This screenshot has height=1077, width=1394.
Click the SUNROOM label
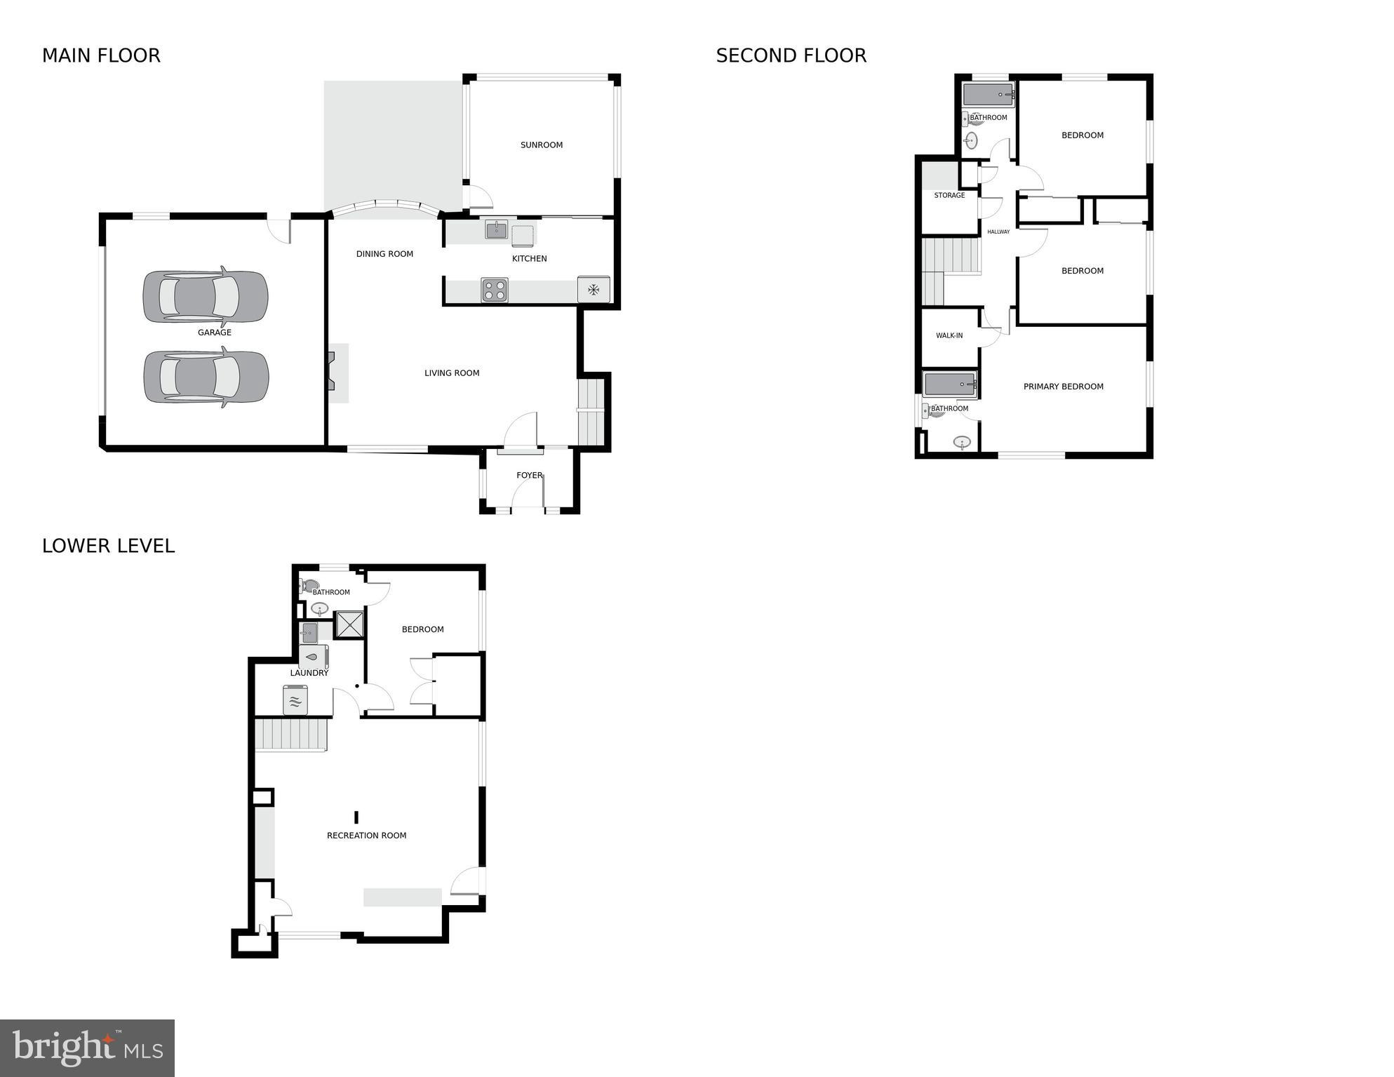pyautogui.click(x=541, y=145)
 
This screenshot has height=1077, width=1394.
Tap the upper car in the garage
pyautogui.click(x=206, y=296)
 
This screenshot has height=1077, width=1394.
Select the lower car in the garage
pyautogui.click(x=206, y=377)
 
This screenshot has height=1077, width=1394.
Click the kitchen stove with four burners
pyautogui.click(x=494, y=290)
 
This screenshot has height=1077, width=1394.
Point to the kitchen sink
pyautogui.click(x=497, y=229)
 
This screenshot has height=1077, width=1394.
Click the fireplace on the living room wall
pyautogui.click(x=333, y=373)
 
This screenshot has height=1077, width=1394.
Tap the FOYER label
pyautogui.click(x=529, y=476)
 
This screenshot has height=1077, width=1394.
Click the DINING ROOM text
pyautogui.click(x=384, y=254)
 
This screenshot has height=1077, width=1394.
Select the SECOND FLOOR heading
pyautogui.click(x=791, y=56)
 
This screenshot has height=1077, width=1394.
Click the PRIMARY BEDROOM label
pyautogui.click(x=1063, y=387)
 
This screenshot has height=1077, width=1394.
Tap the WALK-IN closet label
pyautogui.click(x=949, y=336)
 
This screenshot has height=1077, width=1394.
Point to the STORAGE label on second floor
pyautogui.click(x=949, y=196)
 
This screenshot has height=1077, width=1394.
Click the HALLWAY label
pyautogui.click(x=998, y=232)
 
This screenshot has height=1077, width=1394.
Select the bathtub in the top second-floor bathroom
pyautogui.click(x=988, y=95)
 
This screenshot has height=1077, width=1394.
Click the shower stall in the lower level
pyautogui.click(x=350, y=624)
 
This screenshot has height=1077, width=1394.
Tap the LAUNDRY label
pyautogui.click(x=309, y=673)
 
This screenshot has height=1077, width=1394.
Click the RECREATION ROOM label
pyautogui.click(x=366, y=836)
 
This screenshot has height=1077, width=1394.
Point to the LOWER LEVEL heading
pyautogui.click(x=108, y=547)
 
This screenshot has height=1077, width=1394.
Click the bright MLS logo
pyautogui.click(x=87, y=1048)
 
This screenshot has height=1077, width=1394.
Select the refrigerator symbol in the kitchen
pyautogui.click(x=594, y=289)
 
